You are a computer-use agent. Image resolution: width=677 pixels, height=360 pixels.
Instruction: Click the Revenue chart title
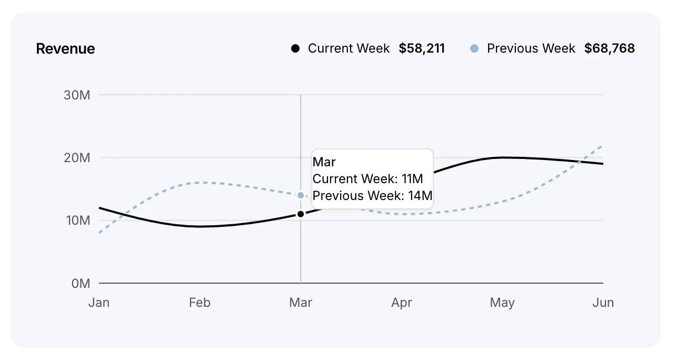coord(65,49)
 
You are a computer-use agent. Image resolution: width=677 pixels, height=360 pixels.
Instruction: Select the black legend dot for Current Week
coord(295,49)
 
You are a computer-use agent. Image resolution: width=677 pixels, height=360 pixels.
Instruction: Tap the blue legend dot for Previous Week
coord(474,49)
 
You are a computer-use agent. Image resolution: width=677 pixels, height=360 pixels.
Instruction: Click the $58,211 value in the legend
coord(422,49)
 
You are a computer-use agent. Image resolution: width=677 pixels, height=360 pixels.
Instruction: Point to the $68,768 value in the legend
coord(610,49)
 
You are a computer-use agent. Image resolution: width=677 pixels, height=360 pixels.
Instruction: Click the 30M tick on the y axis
coord(77,95)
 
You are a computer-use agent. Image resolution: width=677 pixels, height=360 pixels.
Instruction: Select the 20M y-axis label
coord(77,158)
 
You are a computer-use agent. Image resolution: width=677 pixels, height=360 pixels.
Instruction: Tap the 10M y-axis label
coord(77,221)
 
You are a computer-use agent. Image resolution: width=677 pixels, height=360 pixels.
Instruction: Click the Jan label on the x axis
coord(99,303)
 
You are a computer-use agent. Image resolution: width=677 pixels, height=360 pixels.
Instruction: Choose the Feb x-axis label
coord(200,303)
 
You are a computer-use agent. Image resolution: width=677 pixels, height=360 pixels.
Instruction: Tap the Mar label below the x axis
coord(301,303)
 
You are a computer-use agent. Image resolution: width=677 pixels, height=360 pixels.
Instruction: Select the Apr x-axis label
coord(402,303)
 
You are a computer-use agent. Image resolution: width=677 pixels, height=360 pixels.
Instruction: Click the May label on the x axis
coord(502,303)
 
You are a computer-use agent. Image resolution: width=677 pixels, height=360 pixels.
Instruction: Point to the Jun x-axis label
coord(603,303)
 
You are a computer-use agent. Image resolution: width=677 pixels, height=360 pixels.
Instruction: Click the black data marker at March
coord(301,214)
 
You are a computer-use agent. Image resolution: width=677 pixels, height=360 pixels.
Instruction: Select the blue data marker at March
coord(301,195)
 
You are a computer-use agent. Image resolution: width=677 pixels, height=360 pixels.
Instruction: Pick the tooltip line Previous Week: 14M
coord(372,196)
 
